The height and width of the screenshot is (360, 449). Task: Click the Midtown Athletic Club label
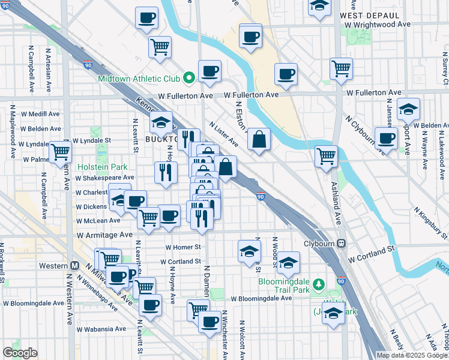140,79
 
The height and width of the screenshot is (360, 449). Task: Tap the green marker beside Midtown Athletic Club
188,77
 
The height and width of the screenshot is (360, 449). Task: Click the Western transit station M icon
76,265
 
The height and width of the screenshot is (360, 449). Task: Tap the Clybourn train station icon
341,244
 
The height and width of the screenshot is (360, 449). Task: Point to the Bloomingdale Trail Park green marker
321,284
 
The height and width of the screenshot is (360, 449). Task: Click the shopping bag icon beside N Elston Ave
258,140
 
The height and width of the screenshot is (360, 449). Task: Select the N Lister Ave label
224,135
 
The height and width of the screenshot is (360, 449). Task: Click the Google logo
20,353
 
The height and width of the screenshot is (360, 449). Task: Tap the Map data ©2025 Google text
412,355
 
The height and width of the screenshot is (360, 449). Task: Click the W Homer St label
182,247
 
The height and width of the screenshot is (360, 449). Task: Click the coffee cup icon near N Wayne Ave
386,138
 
